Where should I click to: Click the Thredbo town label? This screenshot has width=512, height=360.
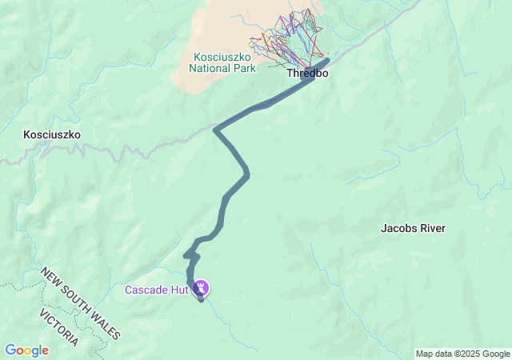coord(307,73)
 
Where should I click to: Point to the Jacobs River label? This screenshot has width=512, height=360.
coord(413,228)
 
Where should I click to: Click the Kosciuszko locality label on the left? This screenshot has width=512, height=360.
coord(53,135)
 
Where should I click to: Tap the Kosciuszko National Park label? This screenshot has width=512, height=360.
coord(222,62)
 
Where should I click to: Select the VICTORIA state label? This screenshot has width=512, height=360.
coord(59,326)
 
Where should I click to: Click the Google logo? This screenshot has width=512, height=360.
coord(26,350)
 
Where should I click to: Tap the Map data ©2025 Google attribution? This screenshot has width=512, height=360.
coord(462,354)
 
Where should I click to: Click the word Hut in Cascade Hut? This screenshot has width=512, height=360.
coord(178,289)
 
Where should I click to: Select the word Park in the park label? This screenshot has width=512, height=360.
coord(244,68)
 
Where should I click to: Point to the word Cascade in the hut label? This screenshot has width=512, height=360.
coord(146,289)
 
